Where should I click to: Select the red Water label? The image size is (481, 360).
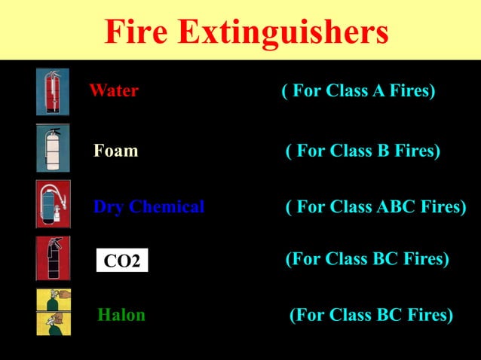[114, 91]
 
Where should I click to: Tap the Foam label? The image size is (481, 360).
[115, 151]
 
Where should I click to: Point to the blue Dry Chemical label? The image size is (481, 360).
[149, 206]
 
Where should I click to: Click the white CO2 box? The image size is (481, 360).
[122, 261]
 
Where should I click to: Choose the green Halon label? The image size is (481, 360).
[121, 315]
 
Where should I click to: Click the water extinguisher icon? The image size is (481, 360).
[52, 92]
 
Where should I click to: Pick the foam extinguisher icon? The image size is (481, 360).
[52, 148]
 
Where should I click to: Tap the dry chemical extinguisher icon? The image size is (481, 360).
[53, 204]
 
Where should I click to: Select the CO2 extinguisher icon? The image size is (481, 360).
[53, 258]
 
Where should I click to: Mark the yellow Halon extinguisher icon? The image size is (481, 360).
[53, 311]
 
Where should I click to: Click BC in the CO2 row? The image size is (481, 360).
[384, 259]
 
